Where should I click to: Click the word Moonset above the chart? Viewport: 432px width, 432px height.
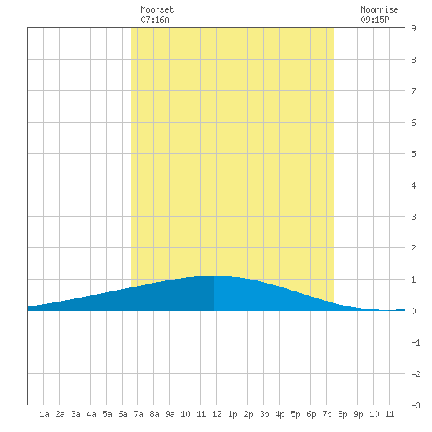coord(157,9)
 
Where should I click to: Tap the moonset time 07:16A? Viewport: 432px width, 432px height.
coord(155,20)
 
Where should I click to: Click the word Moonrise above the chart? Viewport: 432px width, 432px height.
coord(379,9)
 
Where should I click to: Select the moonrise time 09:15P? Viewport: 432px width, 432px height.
coord(375,20)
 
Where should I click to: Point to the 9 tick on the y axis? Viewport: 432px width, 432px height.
coord(413,28)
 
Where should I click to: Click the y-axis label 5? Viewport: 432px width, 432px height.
coord(413,154)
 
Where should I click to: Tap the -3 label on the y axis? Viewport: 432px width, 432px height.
coord(416,405)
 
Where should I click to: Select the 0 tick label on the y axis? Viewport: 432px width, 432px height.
coord(413,311)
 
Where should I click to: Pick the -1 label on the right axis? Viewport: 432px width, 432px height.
coord(416,342)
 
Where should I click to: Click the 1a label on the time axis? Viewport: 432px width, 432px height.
coord(44,414)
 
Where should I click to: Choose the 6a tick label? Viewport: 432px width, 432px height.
coord(123,414)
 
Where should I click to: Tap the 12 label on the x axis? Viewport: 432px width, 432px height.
coord(217,414)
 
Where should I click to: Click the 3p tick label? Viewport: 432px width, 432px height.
coord(264,414)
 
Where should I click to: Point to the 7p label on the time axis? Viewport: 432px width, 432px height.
coord(327,414)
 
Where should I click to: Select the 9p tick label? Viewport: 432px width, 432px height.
coord(358,414)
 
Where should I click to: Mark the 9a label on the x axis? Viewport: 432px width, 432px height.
coord(170,414)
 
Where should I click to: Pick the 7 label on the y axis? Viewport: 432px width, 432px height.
coord(413,91)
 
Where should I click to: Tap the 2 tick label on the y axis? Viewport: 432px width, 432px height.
coord(413,248)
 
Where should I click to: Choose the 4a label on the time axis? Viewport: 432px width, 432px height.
coord(91,414)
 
